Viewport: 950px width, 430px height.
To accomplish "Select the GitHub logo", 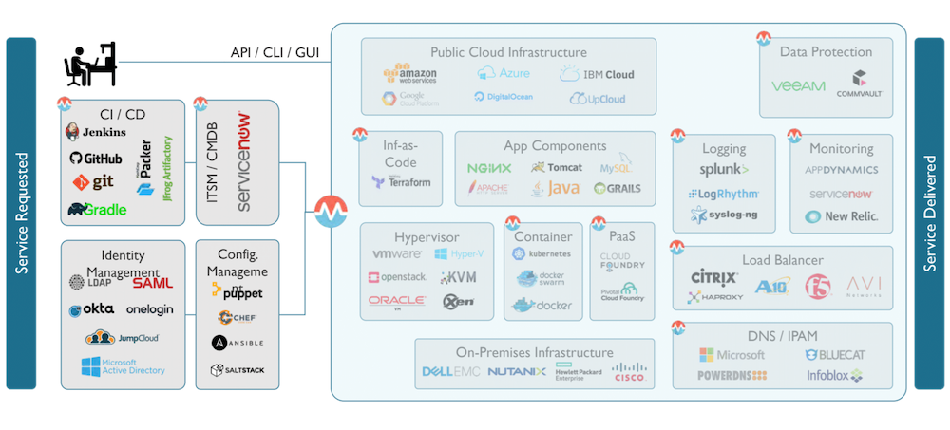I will pyautogui.click(x=95, y=158).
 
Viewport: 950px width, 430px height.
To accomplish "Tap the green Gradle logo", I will pyautogui.click(x=97, y=209).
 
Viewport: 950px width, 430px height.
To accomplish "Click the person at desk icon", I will pyautogui.click(x=89, y=64).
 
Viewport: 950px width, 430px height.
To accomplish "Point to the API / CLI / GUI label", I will pyautogui.click(x=275, y=51).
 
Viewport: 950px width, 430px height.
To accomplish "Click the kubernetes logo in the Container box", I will pyautogui.click(x=541, y=254).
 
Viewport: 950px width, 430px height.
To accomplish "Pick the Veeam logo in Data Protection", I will pyautogui.click(x=798, y=86).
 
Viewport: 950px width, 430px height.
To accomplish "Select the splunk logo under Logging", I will pyautogui.click(x=724, y=170).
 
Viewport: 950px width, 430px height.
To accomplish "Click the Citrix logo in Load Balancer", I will pyautogui.click(x=713, y=278).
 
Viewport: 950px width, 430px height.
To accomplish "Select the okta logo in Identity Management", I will pyautogui.click(x=91, y=309).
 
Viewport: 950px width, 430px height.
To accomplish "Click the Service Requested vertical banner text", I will pyautogui.click(x=21, y=214).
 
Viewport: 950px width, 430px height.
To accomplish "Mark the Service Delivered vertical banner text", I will pyautogui.click(x=929, y=214).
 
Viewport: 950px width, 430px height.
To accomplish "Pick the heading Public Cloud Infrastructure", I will pyautogui.click(x=508, y=52).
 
